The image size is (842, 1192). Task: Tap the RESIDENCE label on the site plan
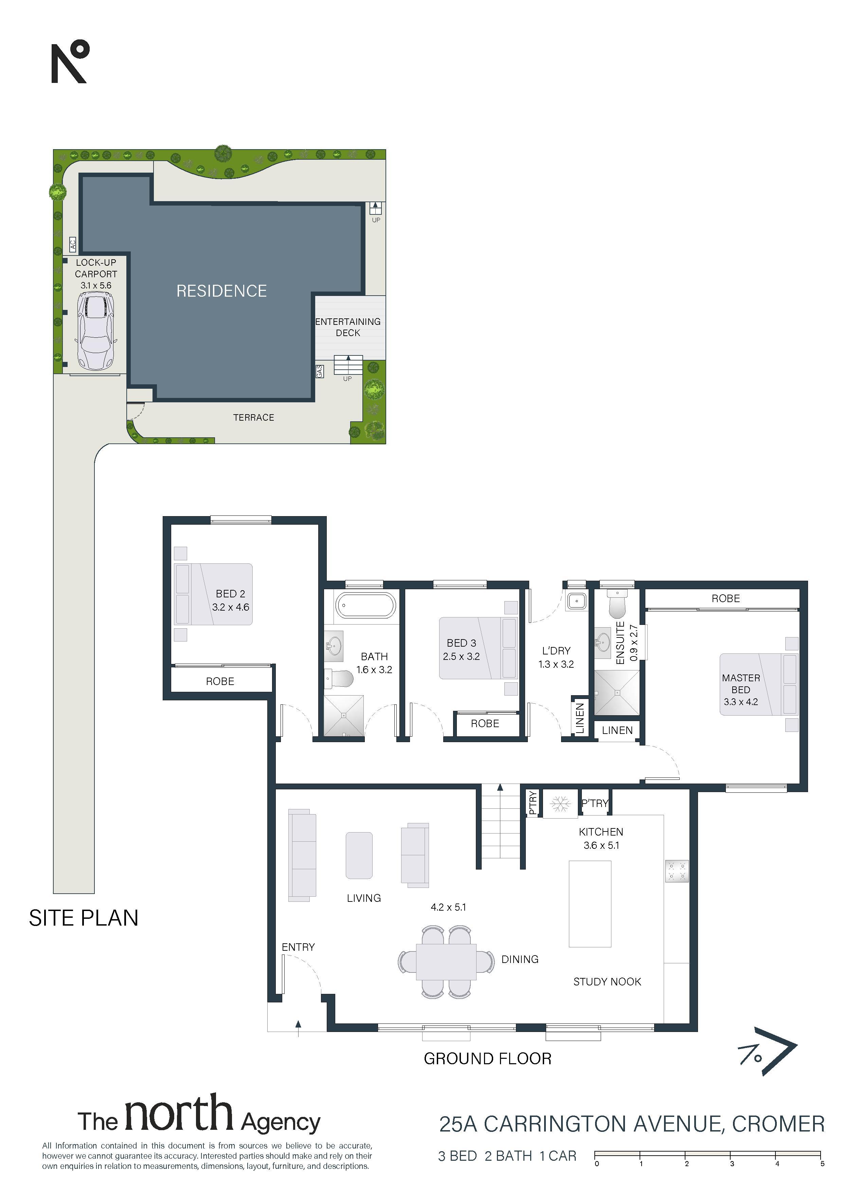pos(221,291)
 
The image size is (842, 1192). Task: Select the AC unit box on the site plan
pos(73,244)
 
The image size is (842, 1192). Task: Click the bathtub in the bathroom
pos(366,606)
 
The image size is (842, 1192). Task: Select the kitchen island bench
pos(590,904)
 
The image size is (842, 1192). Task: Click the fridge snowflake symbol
pos(560,805)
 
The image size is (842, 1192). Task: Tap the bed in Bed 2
pos(214,594)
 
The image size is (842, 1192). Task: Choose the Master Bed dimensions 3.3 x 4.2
pos(741,702)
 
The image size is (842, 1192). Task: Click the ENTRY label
pos(298,947)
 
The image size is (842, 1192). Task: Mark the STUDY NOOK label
pos(607,982)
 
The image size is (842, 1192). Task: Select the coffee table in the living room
pos(359,856)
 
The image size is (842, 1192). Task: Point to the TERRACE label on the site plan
pos(254,417)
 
